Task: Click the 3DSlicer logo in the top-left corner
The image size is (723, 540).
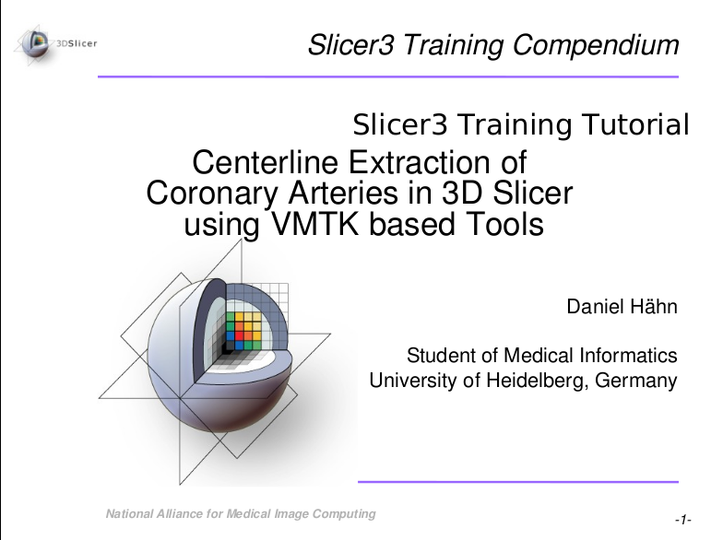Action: point(57,41)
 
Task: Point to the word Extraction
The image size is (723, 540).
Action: point(421,163)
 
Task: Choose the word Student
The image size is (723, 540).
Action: point(439,356)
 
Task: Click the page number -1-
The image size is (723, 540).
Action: point(683,522)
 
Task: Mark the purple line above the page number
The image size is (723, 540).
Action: point(517,481)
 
